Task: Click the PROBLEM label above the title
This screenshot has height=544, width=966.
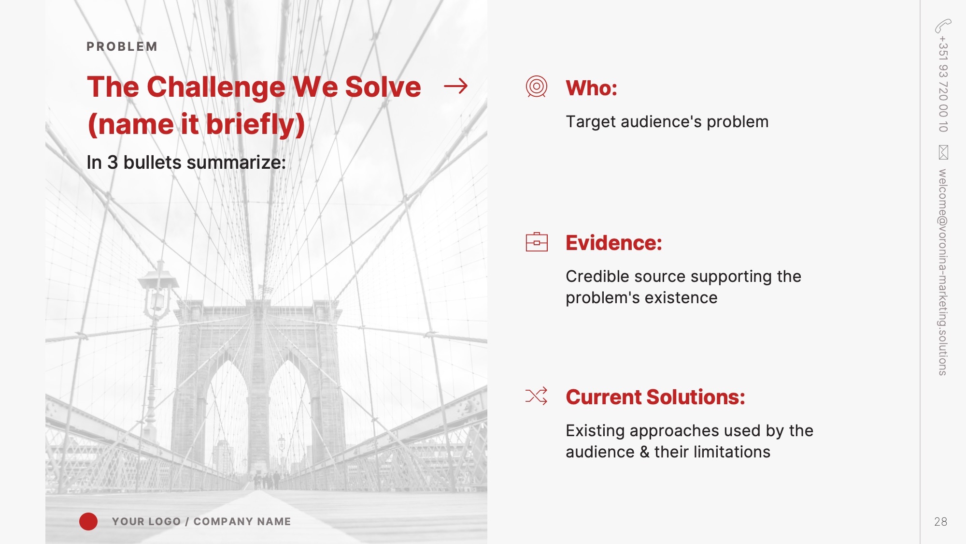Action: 122,46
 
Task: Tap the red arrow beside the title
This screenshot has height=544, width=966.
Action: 456,86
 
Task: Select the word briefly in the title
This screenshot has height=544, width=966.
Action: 256,124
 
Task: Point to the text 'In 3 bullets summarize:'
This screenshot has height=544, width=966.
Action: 186,162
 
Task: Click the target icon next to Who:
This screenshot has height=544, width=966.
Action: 536,87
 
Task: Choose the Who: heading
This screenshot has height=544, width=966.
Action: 591,88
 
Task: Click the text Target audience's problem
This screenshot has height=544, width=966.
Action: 667,122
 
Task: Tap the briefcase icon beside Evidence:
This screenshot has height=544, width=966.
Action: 537,242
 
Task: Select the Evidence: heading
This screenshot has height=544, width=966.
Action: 614,243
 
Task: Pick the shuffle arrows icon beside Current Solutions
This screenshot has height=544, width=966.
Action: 536,396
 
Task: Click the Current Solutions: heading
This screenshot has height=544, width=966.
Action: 655,397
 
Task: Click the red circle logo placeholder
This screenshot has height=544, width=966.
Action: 88,521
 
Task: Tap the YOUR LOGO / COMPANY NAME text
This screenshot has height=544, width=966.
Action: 201,521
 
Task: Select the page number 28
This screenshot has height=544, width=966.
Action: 940,522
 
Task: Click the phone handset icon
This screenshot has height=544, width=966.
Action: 943,26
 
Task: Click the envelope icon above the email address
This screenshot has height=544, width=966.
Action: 943,152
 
